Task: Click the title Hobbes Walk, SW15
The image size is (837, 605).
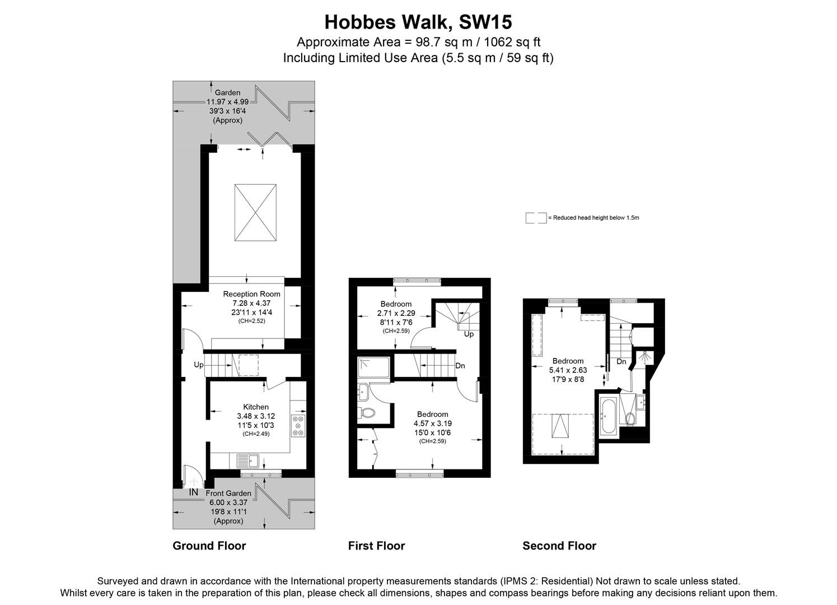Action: (x=418, y=22)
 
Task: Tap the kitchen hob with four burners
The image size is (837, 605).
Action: (x=298, y=426)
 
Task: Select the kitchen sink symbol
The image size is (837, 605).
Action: (x=247, y=461)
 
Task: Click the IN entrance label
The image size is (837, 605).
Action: (x=194, y=492)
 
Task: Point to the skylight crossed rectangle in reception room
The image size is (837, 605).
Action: (x=255, y=212)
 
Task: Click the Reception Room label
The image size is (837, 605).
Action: (x=251, y=294)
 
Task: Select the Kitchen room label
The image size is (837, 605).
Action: (x=256, y=407)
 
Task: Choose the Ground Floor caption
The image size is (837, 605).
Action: (x=209, y=546)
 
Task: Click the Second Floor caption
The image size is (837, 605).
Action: (x=559, y=546)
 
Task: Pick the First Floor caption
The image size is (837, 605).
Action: (x=376, y=546)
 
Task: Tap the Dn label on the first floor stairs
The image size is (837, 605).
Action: (x=460, y=366)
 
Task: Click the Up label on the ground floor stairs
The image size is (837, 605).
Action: (x=199, y=365)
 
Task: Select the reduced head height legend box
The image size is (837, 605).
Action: (x=535, y=218)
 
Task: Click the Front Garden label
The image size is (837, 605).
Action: (x=228, y=494)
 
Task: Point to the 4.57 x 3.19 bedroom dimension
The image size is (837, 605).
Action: (x=432, y=424)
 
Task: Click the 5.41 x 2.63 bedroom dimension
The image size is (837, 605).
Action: (x=568, y=370)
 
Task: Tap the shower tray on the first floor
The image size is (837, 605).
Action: (x=372, y=369)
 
